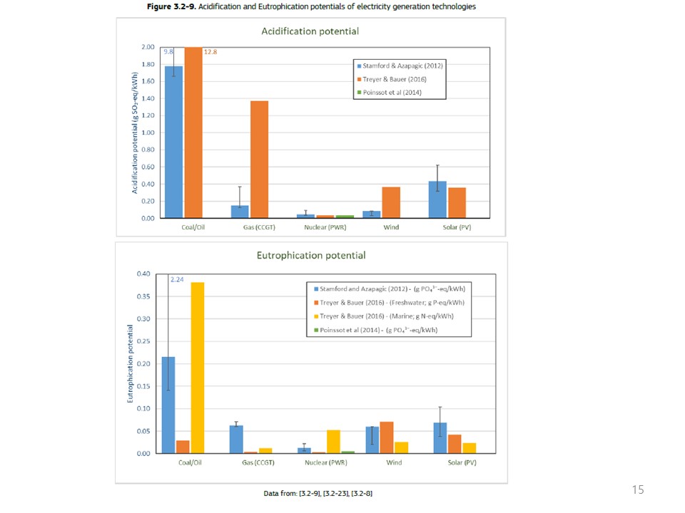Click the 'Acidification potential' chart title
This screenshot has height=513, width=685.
point(310,31)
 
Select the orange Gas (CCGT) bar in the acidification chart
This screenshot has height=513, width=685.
point(259,160)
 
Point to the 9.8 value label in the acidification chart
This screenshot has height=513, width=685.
point(168,51)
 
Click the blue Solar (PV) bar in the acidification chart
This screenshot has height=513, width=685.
point(437,199)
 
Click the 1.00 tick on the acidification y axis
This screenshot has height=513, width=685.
point(148,133)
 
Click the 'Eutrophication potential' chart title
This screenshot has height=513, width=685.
point(312,255)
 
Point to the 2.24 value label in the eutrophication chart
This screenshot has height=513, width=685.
point(177,279)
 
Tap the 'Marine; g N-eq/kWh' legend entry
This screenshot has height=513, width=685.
point(389,316)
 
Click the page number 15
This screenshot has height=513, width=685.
point(638,489)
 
